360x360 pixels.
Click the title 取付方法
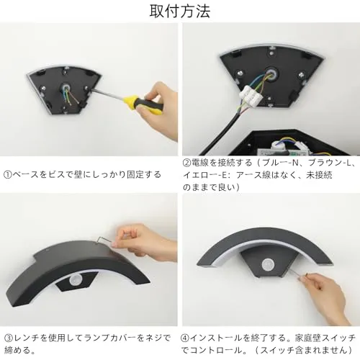click(x=180, y=12)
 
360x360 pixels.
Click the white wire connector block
click(x=252, y=96)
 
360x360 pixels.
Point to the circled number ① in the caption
click(x=7, y=174)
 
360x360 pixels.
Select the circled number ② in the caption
click(x=186, y=163)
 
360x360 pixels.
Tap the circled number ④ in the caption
click(x=185, y=338)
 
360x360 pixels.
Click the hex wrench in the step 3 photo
click(x=104, y=240)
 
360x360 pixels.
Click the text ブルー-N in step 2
click(x=280, y=163)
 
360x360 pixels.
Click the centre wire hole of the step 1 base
click(x=66, y=87)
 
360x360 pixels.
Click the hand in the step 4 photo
click(x=325, y=297)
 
